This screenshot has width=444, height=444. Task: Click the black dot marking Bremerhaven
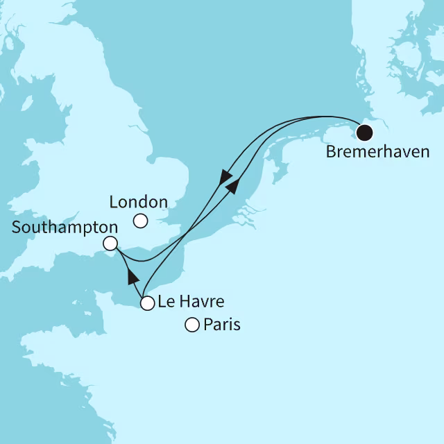click(364, 132)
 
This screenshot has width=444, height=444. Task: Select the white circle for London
click(141, 221)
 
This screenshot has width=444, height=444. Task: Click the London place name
click(139, 202)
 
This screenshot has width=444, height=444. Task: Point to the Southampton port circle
click(110, 244)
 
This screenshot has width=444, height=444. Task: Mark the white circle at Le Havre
click(147, 302)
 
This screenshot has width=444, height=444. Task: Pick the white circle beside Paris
click(192, 324)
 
